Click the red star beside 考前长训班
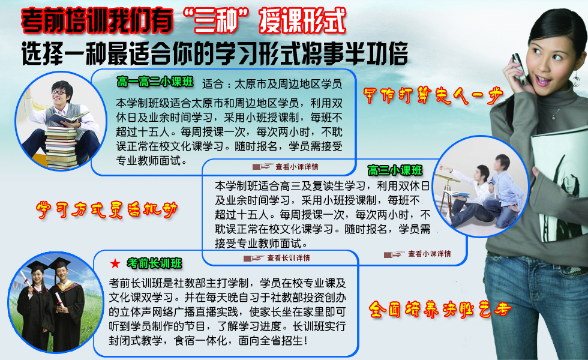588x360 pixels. pyautogui.click(x=115, y=263)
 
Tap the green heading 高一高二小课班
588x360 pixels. pyautogui.click(x=155, y=82)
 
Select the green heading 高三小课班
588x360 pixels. pyautogui.click(x=395, y=170)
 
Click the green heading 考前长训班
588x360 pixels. pyautogui.click(x=154, y=263)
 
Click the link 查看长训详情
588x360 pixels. pyautogui.click(x=289, y=258)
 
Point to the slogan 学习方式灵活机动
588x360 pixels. pyautogui.click(x=107, y=209)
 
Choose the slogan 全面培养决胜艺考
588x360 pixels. pyautogui.click(x=440, y=310)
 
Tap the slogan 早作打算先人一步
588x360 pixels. pyautogui.click(x=433, y=95)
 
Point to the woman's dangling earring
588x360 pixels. pyautogui.click(x=576, y=77)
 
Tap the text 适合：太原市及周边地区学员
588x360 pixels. pyautogui.click(x=272, y=84)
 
